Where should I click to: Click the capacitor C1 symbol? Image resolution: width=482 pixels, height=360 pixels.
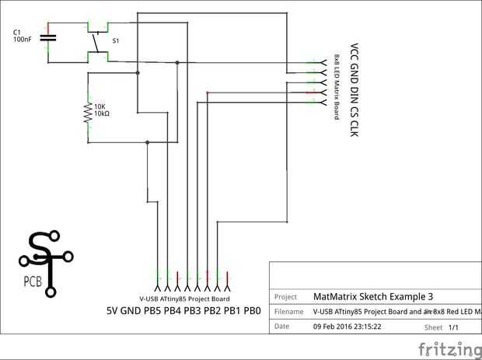pos(48,37)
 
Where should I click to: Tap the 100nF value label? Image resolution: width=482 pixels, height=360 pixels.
pos(23,39)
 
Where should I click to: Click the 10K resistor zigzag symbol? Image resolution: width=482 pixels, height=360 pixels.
pos(88,114)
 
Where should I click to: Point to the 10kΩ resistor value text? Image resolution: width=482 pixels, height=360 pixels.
pos(102,114)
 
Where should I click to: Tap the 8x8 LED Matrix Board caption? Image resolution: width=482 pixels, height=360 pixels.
pos(337,86)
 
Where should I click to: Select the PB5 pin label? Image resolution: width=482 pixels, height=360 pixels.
pos(152,311)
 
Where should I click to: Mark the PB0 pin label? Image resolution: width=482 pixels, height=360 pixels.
pos(251,311)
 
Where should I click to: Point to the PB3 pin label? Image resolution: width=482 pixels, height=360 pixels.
pos(192,311)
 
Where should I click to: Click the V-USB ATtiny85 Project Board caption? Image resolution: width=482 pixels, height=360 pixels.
pos(184,299)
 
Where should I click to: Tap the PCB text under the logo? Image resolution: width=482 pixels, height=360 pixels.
pos(33,281)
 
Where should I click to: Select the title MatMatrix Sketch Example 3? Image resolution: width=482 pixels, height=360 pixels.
pos(372,296)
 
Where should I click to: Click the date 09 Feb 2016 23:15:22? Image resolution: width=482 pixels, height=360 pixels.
pos(347,327)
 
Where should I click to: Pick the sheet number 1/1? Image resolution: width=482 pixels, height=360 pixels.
pos(455,327)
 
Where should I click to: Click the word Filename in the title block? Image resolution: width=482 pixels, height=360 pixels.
pos(289,312)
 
